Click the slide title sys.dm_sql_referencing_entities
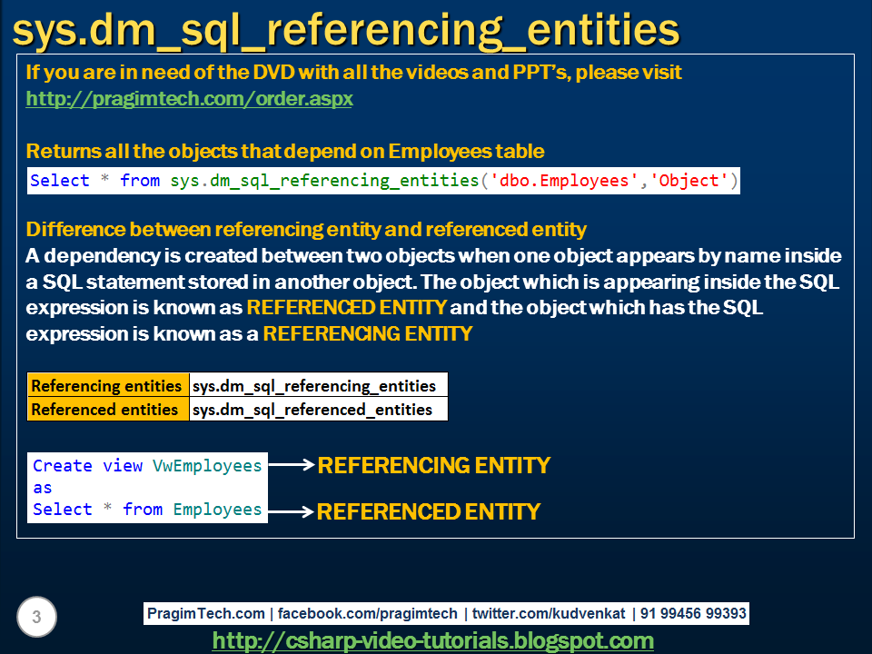[x=346, y=29]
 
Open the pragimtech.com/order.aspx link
[x=189, y=98]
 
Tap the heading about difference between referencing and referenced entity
[x=306, y=229]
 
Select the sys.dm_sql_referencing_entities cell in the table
[x=314, y=385]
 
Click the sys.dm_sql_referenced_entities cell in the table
[x=312, y=409]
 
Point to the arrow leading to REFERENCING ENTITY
[x=292, y=465]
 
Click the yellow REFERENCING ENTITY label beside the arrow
[x=433, y=466]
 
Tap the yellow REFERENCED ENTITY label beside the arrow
[x=428, y=512]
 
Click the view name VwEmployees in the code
[x=207, y=465]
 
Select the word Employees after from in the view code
[x=217, y=510]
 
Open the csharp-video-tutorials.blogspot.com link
[x=432, y=640]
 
